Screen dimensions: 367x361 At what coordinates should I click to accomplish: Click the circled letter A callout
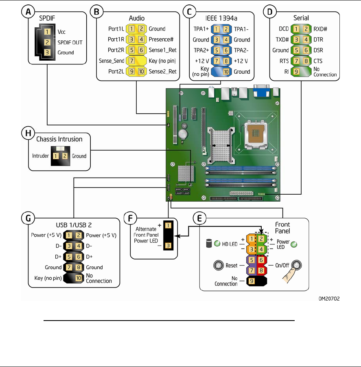[28, 13]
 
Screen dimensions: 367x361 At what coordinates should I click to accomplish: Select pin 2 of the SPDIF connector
[48, 42]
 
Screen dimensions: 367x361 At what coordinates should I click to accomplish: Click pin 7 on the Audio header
[131, 61]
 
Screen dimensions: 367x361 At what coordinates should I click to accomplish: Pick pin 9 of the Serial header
[296, 72]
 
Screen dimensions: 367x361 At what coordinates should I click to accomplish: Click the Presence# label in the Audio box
[161, 40]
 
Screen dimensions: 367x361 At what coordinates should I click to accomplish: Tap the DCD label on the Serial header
[284, 29]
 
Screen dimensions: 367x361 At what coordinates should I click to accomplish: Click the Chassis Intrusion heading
[59, 139]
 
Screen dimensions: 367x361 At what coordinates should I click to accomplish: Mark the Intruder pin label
[40, 156]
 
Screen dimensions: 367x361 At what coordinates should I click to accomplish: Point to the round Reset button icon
[218, 265]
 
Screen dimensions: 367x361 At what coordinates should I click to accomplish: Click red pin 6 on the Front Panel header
[261, 259]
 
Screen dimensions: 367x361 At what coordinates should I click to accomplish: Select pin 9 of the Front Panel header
[252, 281]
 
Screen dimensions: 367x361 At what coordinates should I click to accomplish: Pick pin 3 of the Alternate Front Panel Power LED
[168, 246]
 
